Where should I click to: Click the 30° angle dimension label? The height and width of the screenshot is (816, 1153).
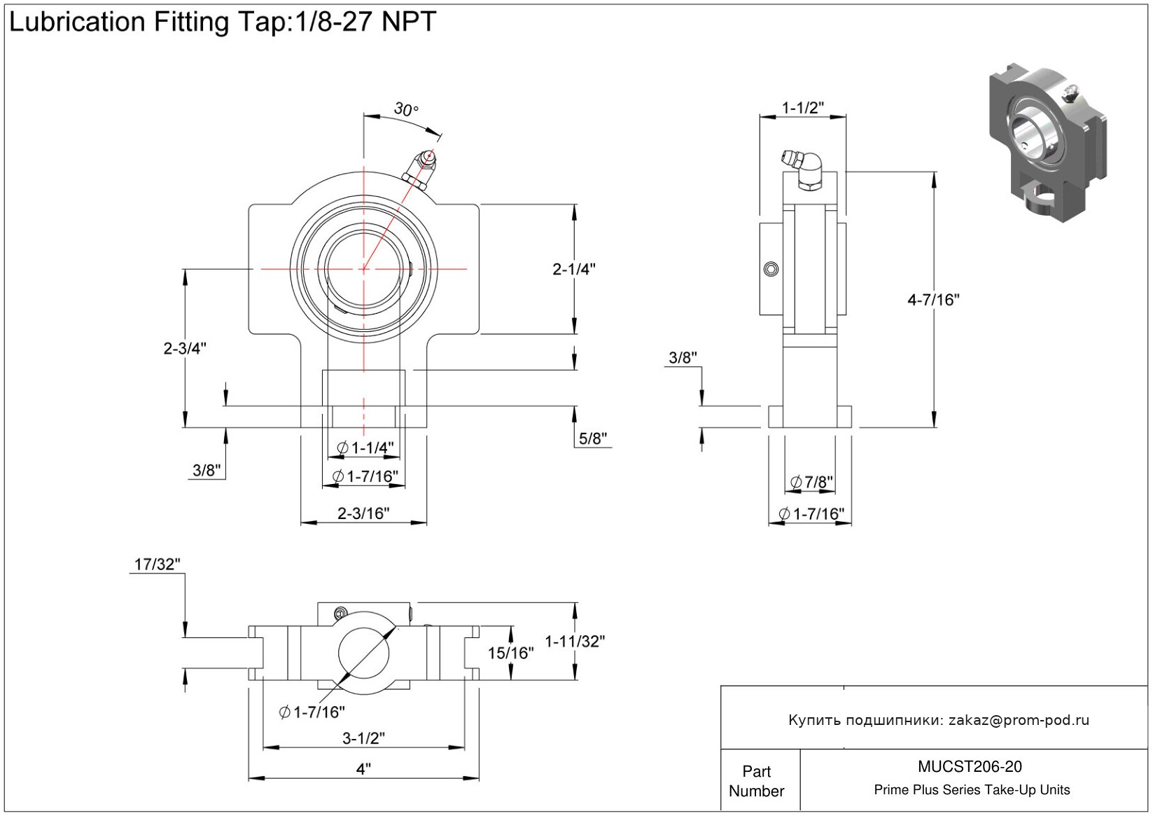tap(405, 109)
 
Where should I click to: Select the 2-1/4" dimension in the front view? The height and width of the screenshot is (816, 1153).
tap(574, 269)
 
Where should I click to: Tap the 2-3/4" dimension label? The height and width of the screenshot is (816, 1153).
tap(185, 348)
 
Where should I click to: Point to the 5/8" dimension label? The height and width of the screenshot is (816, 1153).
tap(592, 438)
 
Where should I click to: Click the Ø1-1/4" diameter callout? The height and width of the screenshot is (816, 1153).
tap(365, 448)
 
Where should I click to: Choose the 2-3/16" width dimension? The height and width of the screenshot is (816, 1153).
tap(363, 513)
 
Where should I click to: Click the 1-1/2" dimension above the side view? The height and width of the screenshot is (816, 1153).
tap(802, 108)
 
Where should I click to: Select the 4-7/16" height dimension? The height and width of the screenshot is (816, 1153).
tap(933, 300)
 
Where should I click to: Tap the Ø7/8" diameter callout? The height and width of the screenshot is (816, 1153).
tap(811, 482)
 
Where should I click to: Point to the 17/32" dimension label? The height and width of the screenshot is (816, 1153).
tap(158, 564)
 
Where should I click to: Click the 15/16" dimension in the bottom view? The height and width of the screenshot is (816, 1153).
tap(510, 653)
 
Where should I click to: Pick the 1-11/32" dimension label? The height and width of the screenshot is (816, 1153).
tap(575, 641)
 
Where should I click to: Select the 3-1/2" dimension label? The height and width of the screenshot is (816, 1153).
tap(363, 738)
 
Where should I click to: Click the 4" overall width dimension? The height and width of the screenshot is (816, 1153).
tap(363, 769)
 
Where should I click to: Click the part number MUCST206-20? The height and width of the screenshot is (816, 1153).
tap(970, 766)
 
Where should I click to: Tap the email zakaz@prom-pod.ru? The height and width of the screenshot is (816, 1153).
tap(1019, 720)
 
